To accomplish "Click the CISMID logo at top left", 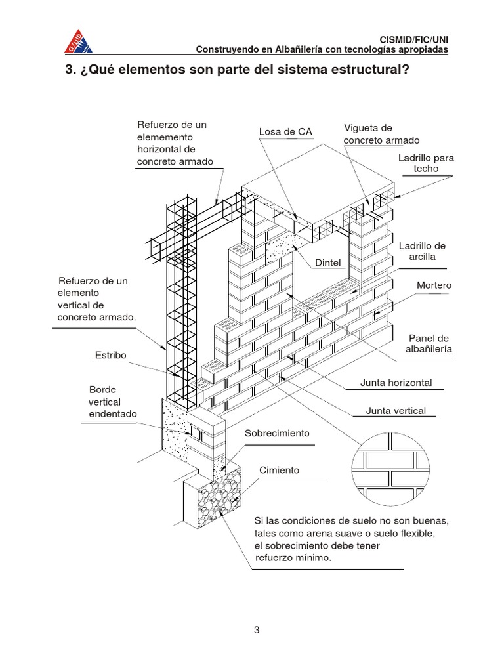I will pyautogui.click(x=77, y=41).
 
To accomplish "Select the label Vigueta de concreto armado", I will pyautogui.click(x=381, y=134).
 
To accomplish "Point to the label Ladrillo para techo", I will pyautogui.click(x=426, y=163).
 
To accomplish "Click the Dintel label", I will pyautogui.click(x=329, y=262).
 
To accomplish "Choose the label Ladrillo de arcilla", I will pyautogui.click(x=422, y=251).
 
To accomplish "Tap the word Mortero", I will pyautogui.click(x=434, y=285).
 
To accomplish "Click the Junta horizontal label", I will pyautogui.click(x=396, y=383).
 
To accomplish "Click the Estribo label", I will pyautogui.click(x=110, y=355).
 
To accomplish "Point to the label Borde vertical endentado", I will pyautogui.click(x=113, y=402).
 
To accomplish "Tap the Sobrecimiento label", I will pyautogui.click(x=276, y=434).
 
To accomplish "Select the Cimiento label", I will pyautogui.click(x=279, y=470).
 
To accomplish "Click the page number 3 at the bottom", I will pyautogui.click(x=257, y=631).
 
